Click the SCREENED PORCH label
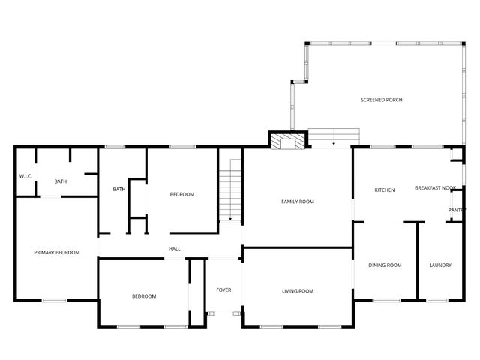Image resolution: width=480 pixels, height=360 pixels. pos(381,100)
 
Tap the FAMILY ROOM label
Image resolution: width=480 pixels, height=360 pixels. pos(297,202)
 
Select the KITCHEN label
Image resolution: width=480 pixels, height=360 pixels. pos(385,190)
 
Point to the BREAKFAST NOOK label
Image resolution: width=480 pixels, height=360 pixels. pos(435,188)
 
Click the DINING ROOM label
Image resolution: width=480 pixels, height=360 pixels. pos(385,265)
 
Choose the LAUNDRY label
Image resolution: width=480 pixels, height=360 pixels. pos(439,265)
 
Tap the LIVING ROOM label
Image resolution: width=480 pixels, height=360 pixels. pos(297,291)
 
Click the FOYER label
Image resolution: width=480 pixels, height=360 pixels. pos(223,289)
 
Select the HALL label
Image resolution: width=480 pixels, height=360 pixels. pos(174,249)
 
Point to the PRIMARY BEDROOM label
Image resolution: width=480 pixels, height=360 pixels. pos(56,253)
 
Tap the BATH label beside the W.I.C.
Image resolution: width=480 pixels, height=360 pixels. pos(61,181)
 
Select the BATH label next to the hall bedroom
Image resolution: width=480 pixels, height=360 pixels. pos(118,189)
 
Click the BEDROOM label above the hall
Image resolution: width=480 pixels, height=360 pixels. pos(181,195)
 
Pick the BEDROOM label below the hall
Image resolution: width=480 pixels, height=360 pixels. pos(144,296)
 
